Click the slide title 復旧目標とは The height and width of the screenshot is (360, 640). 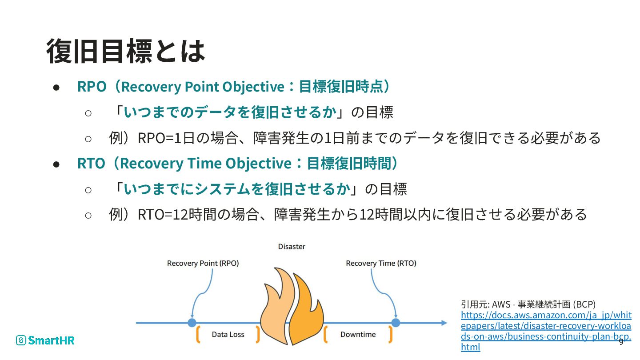tap(125, 51)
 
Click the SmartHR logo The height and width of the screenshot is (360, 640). tap(45, 340)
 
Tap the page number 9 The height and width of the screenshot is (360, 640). tap(621, 341)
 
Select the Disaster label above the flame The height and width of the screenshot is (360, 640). tap(292, 247)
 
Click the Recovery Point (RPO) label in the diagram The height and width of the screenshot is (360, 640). tap(203, 263)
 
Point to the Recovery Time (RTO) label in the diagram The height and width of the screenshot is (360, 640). tap(381, 263)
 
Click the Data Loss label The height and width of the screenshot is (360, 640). tap(228, 334)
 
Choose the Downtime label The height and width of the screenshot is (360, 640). tap(358, 334)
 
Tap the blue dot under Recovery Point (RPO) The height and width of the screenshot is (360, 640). tap(192, 323)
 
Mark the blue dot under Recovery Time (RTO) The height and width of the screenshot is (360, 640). tap(396, 323)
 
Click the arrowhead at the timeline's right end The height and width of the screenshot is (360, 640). tap(444, 323)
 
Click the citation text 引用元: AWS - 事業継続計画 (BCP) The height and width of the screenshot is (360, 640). tap(528, 304)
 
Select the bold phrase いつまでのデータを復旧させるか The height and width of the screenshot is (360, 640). tap(230, 112)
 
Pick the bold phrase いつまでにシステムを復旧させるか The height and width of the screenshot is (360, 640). tap(237, 189)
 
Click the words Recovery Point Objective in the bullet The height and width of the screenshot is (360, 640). tap(202, 87)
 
